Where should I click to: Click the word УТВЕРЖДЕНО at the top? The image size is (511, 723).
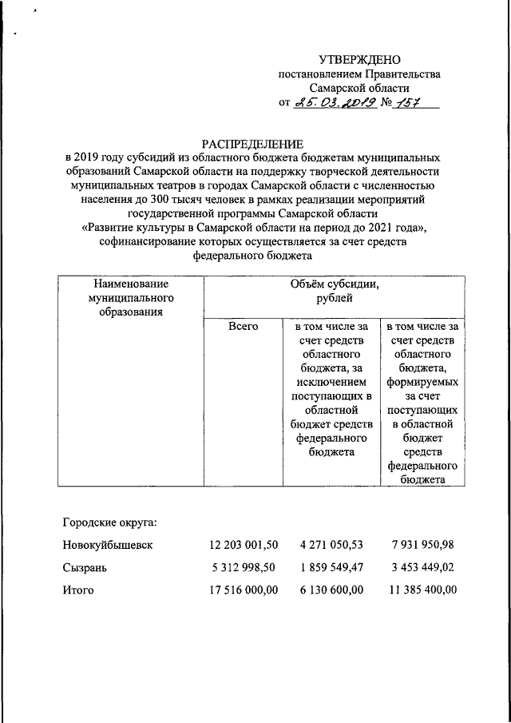click(359, 60)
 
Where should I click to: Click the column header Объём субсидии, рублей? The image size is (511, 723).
click(333, 292)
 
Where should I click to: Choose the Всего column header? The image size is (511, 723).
click(243, 327)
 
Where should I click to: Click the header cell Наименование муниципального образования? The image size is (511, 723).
click(130, 297)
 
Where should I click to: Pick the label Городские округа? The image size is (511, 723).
click(109, 523)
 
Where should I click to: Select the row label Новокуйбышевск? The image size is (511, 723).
click(107, 546)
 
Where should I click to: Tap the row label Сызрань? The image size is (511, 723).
click(85, 568)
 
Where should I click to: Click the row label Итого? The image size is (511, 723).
click(78, 590)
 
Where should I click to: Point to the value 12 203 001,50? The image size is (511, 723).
click(243, 546)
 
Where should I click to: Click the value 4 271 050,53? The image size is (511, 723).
click(332, 546)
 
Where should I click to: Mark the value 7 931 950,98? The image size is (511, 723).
click(423, 546)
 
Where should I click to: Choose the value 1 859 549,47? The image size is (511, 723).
click(332, 568)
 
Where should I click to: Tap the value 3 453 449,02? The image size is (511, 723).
click(423, 568)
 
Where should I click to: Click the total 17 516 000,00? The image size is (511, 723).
click(243, 590)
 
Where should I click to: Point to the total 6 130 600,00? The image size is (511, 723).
click(332, 590)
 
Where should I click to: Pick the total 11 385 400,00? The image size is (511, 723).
click(420, 590)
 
